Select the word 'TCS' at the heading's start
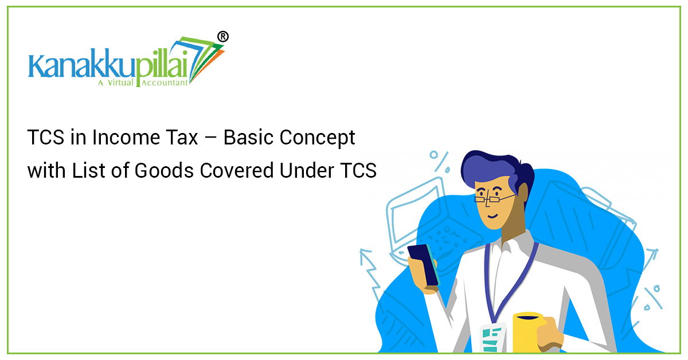(x=45, y=138)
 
